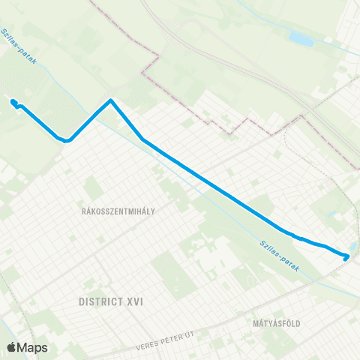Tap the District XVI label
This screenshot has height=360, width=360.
pos(110,301)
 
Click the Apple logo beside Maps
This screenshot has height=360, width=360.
pos(12,347)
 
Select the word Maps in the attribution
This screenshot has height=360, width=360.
pos(34,347)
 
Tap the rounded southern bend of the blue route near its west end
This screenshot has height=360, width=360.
pos(66,139)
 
